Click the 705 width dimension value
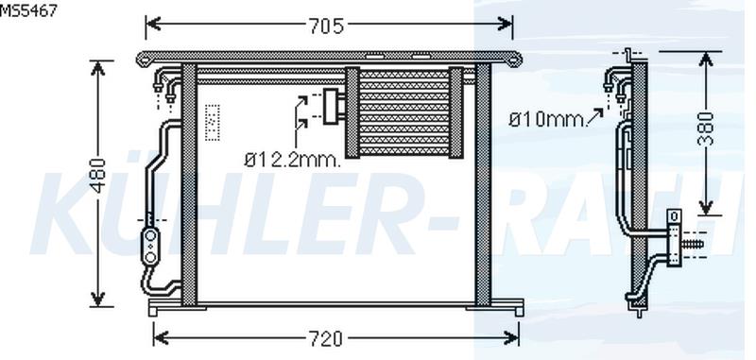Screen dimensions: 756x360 pos(326,26)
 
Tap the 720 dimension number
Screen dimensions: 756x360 pos(325,339)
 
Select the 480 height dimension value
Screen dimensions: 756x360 pos(98,176)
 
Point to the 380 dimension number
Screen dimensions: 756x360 pos(705,129)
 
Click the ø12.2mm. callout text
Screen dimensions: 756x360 pos(292,160)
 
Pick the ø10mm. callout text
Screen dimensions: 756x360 pos(546,119)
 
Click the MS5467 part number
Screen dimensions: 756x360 pos(28,10)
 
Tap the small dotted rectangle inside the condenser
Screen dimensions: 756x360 pos(212,123)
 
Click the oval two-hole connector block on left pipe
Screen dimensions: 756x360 pos(151,247)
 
